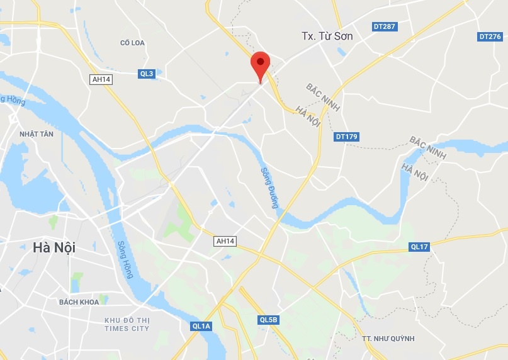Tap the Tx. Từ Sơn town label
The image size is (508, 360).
(327, 36)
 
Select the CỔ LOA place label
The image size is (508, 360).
(133, 43)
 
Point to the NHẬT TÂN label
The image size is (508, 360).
(37, 134)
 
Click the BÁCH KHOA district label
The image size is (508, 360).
(79, 302)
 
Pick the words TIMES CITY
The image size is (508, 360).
(127, 329)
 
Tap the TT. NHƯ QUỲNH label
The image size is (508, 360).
(388, 339)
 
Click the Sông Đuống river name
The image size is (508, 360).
(269, 188)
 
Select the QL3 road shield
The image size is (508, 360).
(147, 74)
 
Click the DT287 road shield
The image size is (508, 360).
(384, 26)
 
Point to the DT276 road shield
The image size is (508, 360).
(490, 37)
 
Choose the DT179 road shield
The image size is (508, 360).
(346, 136)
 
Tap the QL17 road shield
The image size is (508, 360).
(419, 247)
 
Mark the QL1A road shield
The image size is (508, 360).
(201, 326)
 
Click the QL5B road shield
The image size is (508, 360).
(269, 320)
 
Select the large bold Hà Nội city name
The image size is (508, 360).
(54, 248)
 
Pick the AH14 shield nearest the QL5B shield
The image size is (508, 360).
(225, 241)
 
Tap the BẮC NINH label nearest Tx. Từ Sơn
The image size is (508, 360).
(322, 97)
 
